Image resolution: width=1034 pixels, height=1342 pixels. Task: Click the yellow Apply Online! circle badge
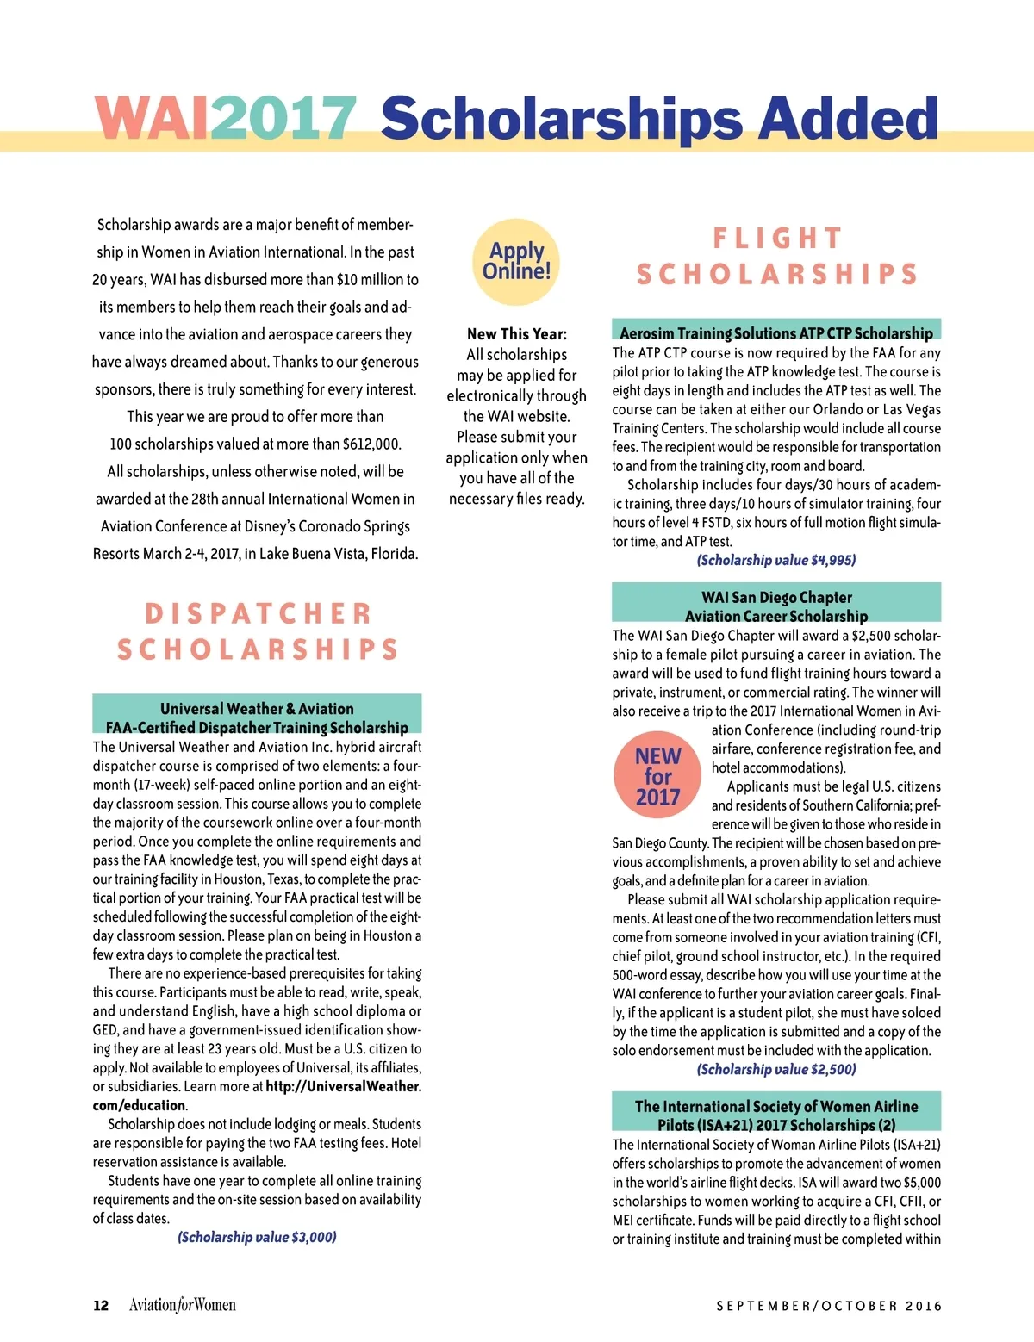point(517,261)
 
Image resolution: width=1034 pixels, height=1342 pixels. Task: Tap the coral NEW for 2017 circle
point(657,776)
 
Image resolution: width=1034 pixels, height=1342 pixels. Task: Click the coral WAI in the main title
point(151,117)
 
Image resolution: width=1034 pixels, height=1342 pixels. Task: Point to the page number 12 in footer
point(101,1305)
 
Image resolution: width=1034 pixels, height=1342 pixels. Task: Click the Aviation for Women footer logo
point(182,1305)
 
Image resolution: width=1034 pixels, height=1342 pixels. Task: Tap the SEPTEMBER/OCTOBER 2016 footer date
point(829,1306)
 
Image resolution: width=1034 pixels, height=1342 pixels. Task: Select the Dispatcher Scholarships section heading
point(258,631)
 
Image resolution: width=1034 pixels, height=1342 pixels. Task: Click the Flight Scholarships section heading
point(776,256)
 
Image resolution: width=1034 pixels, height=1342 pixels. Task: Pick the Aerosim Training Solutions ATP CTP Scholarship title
point(775,332)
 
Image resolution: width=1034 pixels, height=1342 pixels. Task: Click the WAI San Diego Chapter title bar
point(775,606)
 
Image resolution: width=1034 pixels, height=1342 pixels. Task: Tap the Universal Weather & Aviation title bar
point(257,718)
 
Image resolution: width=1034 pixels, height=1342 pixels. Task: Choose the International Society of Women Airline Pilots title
point(775,1115)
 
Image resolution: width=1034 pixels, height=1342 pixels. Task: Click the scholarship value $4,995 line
point(775,560)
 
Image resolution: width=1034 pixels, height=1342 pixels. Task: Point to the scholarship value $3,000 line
point(257,1237)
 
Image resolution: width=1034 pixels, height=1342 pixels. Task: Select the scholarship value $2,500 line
point(775,1069)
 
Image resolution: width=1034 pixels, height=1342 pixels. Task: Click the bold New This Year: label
point(517,334)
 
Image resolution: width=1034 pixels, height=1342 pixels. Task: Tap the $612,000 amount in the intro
point(371,444)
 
